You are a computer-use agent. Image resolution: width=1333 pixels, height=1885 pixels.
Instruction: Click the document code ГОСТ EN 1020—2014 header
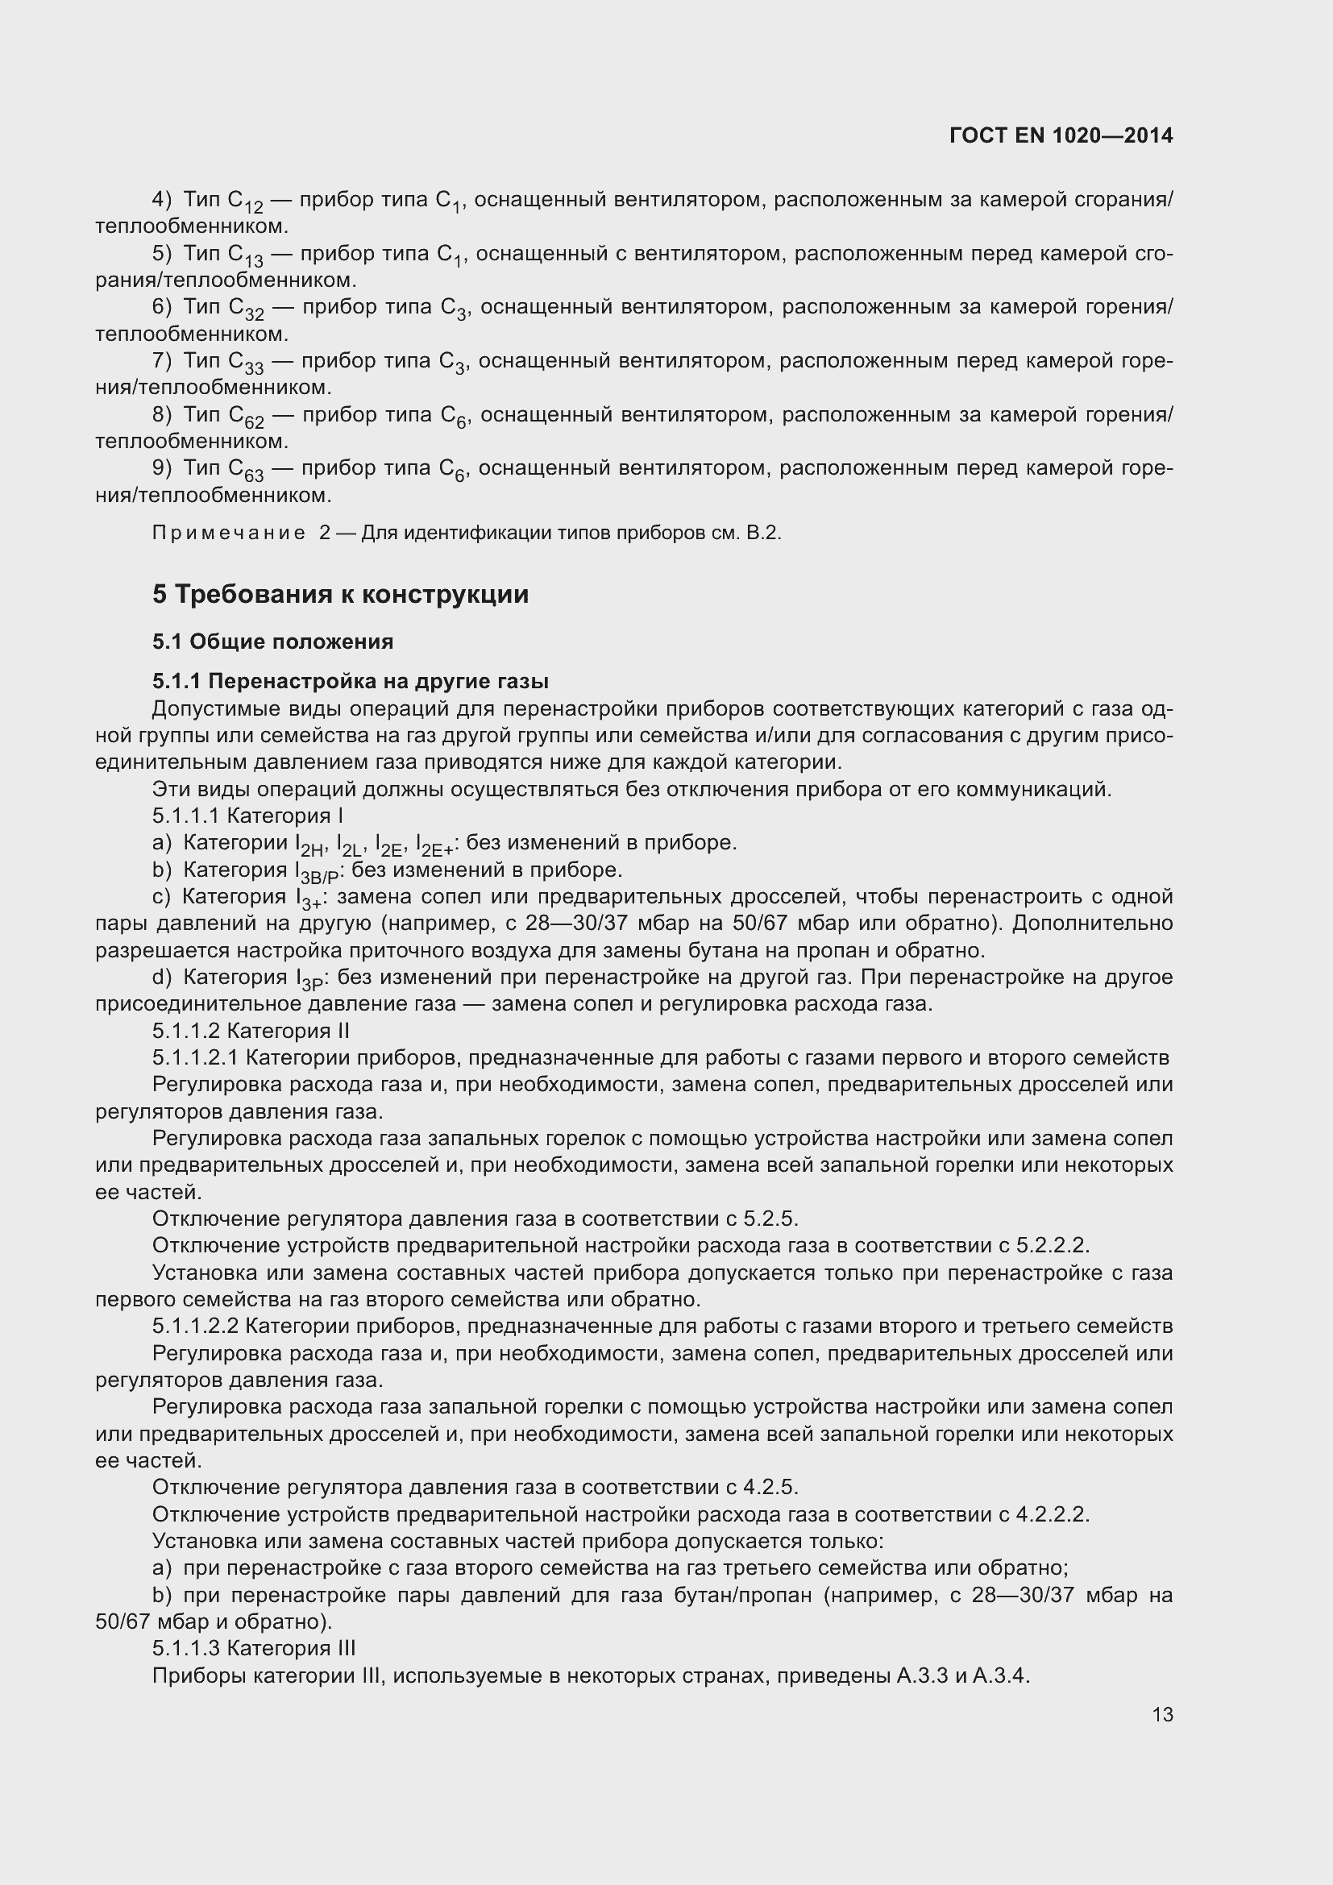pos(1061,135)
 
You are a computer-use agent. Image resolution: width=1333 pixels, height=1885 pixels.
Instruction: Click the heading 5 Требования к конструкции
pos(341,595)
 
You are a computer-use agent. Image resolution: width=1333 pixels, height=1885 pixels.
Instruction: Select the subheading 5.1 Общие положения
pos(272,642)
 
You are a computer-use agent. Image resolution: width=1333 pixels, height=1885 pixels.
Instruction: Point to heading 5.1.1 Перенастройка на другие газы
pos(351,682)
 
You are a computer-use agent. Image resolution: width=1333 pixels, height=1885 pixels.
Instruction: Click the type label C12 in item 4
pos(245,202)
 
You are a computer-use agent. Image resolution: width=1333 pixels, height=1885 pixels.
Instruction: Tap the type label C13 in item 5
pos(245,256)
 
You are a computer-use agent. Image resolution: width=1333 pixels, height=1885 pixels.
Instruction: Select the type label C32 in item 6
pos(246,309)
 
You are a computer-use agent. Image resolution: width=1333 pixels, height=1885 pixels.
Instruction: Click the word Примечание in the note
pos(228,534)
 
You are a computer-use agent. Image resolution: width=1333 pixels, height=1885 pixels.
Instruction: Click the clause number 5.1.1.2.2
pos(195,1326)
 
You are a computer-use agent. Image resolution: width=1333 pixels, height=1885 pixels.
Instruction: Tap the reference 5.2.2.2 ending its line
pos(1052,1245)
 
